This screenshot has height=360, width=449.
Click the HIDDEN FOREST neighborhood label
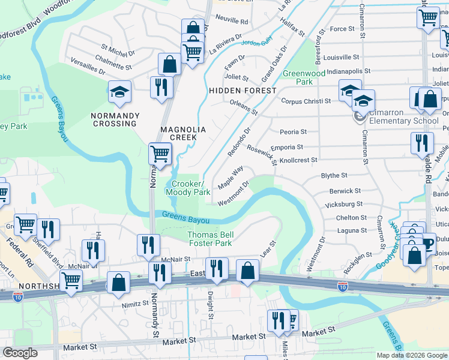(243, 91)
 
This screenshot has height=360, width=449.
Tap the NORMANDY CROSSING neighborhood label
(115, 119)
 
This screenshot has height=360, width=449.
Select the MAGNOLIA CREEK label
(183, 133)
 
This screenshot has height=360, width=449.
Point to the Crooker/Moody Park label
(191, 188)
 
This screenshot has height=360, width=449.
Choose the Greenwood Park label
(298, 77)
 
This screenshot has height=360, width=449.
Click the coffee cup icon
(428, 244)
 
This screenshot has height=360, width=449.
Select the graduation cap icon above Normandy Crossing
(119, 92)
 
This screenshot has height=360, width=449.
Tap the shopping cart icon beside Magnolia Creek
(160, 154)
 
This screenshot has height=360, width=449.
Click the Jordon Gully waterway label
(257, 43)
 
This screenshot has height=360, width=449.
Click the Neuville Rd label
(231, 21)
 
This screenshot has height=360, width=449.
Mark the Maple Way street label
(230, 178)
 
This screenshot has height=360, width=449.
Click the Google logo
(20, 353)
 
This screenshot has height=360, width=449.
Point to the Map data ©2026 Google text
(411, 355)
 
